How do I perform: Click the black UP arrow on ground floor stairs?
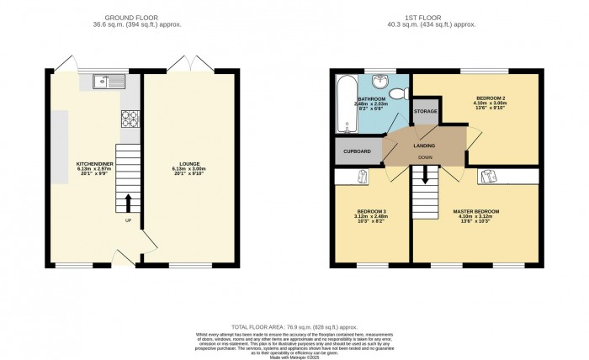coord(128,203)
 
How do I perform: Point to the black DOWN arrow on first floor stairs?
coord(426,175)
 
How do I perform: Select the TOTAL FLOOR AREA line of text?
coord(294,326)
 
